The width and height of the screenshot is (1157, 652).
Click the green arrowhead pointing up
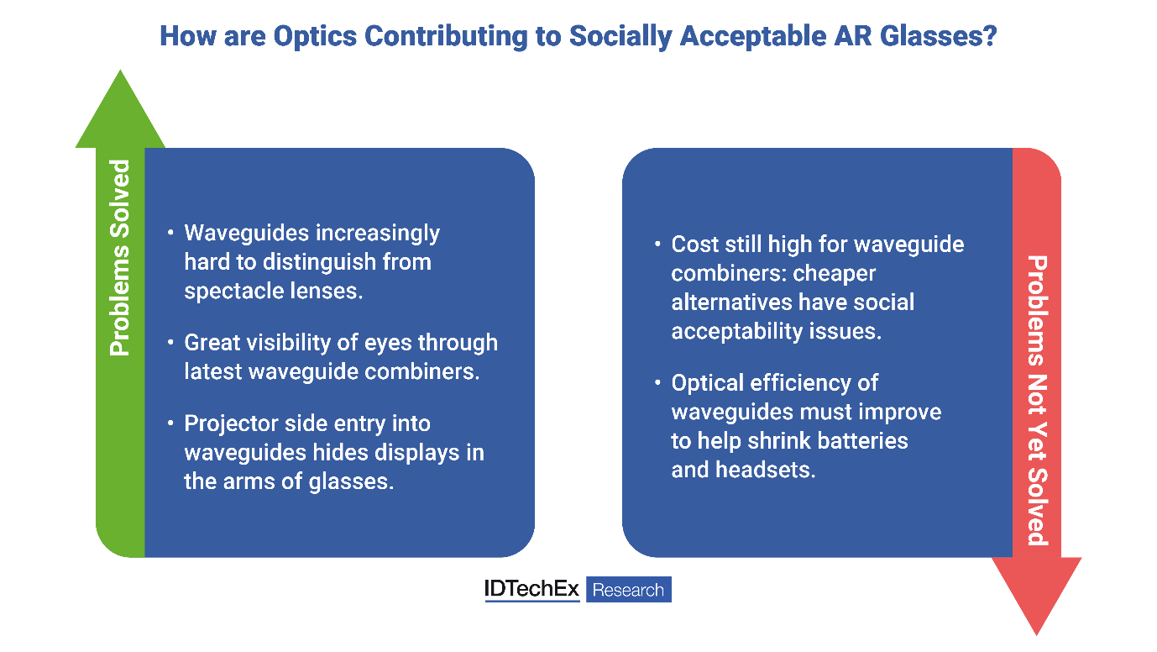coord(120,111)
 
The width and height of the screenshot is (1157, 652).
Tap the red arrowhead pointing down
coord(1036,595)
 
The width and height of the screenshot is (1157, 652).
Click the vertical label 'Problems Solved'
coord(120,257)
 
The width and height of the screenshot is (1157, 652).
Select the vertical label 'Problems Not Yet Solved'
coord(1037,400)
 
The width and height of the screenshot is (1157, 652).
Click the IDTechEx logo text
coord(532,589)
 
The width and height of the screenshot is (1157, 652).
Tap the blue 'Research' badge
coord(629,590)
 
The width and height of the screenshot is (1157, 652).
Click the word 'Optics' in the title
coord(315,36)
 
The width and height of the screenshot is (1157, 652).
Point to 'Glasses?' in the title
coord(938,36)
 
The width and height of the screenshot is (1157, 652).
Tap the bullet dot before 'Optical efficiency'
coord(657,383)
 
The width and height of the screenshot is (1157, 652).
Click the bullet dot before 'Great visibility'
coord(170,342)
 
